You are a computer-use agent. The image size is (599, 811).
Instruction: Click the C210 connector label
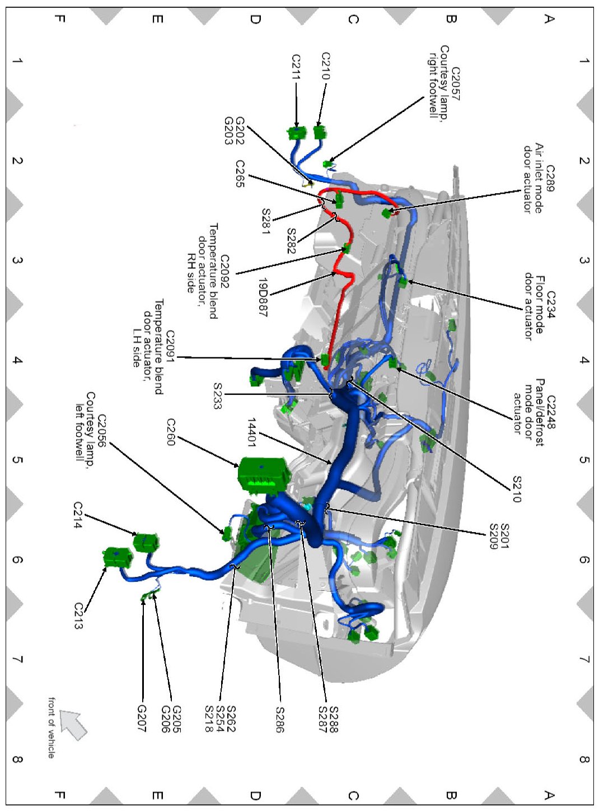[326, 66]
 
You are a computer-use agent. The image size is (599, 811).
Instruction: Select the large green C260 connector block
[264, 475]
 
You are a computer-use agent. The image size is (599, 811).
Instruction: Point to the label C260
[171, 432]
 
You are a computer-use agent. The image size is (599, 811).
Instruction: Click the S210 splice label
[517, 490]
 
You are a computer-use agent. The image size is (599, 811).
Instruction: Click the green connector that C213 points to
[117, 557]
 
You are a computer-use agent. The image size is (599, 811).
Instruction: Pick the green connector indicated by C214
[146, 542]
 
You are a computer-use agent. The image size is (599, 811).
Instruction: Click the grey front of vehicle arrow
[73, 724]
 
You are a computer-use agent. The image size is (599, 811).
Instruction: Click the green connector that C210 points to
[320, 133]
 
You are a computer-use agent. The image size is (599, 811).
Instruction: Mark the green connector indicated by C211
[297, 133]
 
